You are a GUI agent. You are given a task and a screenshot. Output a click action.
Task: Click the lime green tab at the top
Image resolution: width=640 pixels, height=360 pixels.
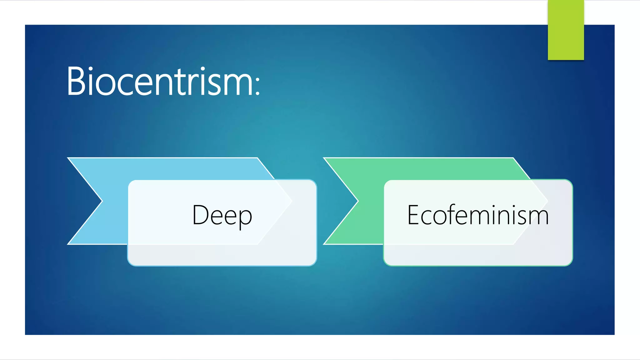pyautogui.click(x=566, y=30)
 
